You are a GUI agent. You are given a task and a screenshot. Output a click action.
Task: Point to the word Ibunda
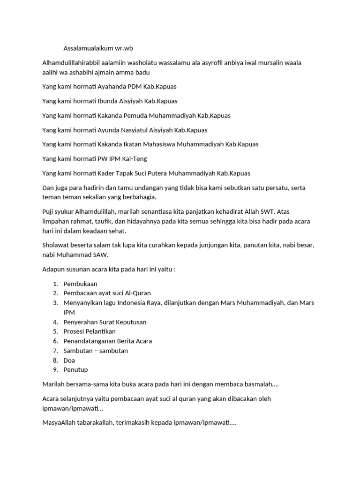[x=108, y=101]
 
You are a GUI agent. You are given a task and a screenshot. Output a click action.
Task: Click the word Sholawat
[x=56, y=246]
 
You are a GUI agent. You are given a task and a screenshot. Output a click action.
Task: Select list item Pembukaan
[x=81, y=284]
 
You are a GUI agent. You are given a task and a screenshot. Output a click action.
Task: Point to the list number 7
[x=55, y=351]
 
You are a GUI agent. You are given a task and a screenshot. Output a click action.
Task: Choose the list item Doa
[x=69, y=360]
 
